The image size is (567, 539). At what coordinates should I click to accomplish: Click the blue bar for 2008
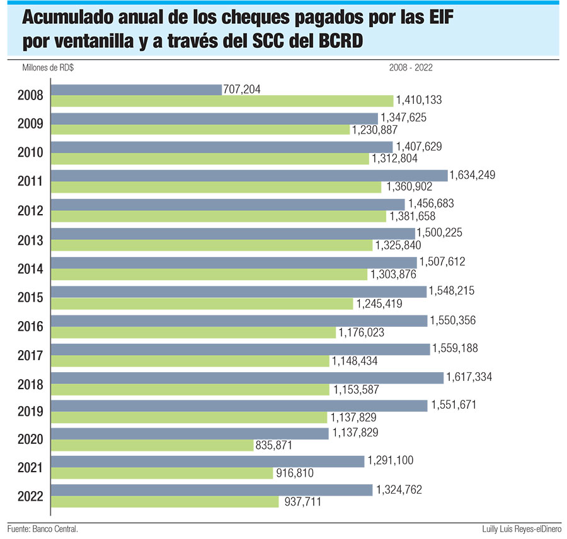(136, 89)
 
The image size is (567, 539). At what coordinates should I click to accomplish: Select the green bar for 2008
(222, 101)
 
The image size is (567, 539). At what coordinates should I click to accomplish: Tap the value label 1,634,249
(472, 175)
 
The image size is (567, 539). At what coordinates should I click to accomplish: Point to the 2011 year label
(30, 181)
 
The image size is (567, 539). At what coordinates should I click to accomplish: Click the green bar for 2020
(151, 445)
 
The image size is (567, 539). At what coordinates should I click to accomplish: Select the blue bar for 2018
(247, 377)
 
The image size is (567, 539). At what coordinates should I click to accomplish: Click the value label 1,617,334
(469, 377)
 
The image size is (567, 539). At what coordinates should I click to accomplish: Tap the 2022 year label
(30, 496)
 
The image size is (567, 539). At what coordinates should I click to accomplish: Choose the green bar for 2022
(164, 502)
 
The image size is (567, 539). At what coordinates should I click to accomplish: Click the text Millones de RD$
(47, 67)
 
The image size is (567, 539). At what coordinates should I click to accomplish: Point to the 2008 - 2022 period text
(411, 67)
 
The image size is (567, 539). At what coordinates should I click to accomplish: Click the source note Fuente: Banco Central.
(43, 529)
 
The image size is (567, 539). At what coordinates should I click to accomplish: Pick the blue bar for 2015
(238, 292)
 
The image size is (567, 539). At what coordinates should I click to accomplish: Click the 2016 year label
(30, 326)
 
